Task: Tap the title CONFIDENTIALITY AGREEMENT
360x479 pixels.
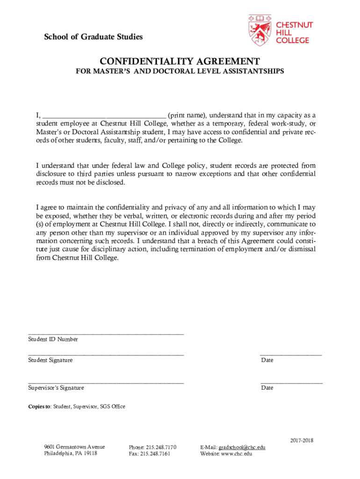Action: point(180,62)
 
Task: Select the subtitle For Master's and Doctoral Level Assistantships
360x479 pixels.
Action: point(180,72)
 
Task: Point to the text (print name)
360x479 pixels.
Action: point(187,115)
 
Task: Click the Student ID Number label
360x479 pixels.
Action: point(53,339)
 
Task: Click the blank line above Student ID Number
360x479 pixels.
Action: point(106,334)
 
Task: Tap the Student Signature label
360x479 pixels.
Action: point(50,360)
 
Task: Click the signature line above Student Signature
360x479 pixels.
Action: point(106,355)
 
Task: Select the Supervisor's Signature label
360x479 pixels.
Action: point(56,388)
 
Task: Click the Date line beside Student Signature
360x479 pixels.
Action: point(291,355)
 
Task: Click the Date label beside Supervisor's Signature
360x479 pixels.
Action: point(267,388)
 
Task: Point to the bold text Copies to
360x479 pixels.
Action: point(39,406)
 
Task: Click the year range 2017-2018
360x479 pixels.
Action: point(302,441)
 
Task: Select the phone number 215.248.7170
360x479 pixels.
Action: point(161,447)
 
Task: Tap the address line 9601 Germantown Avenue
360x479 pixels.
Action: point(74,447)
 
